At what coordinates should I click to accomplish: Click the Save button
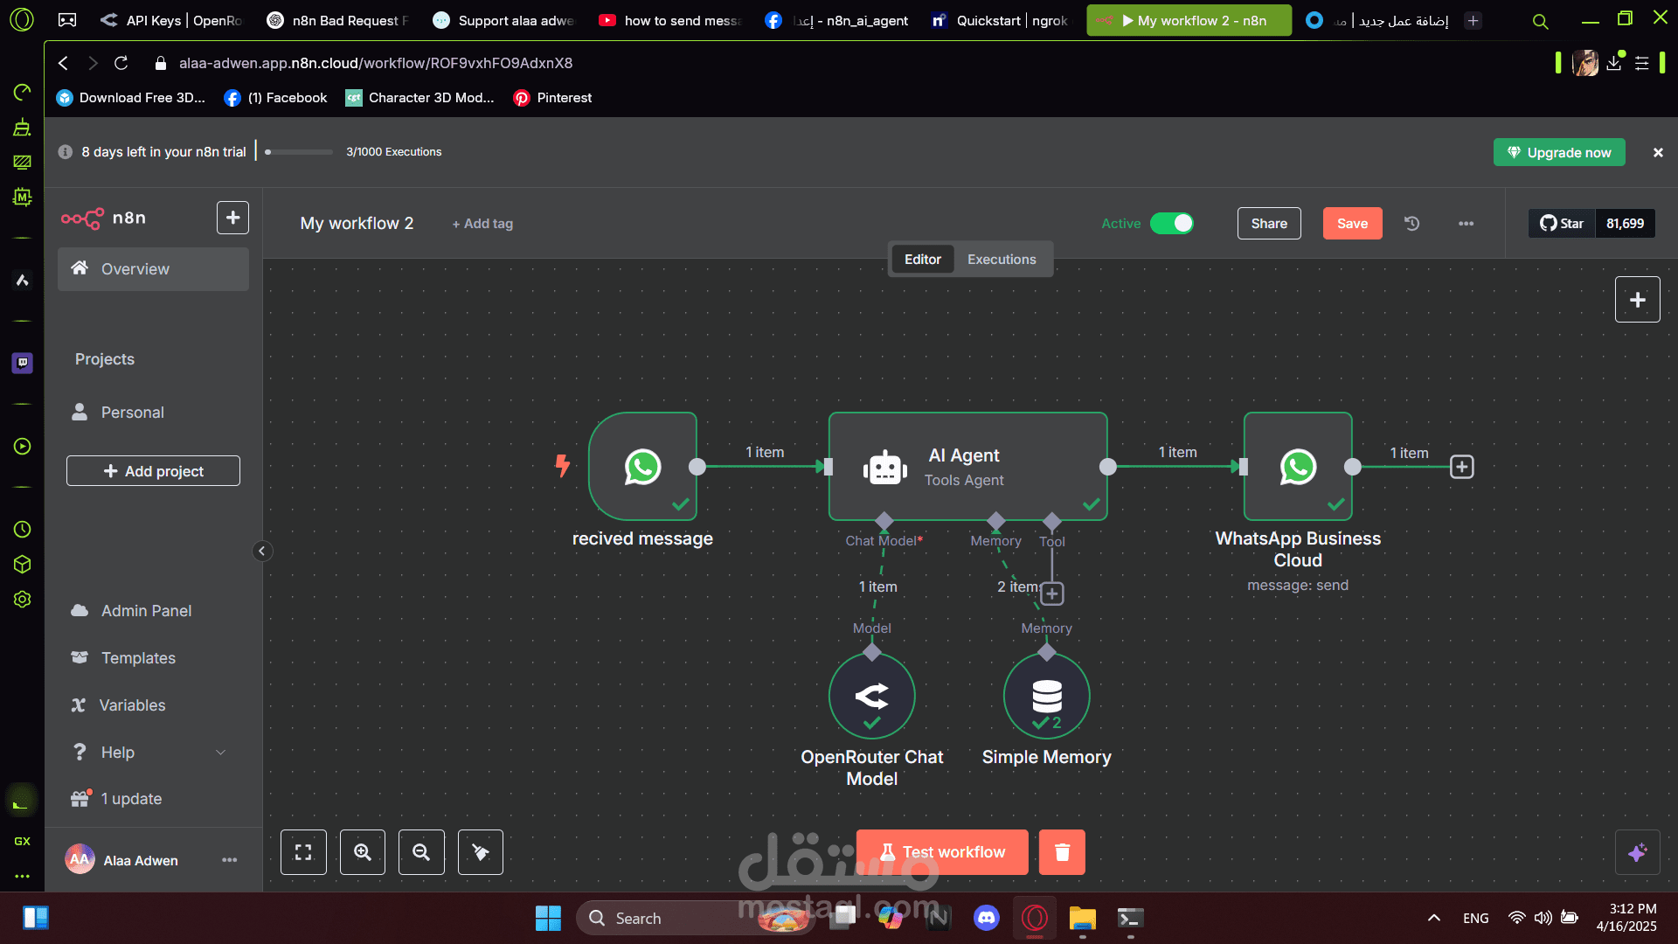pyautogui.click(x=1352, y=223)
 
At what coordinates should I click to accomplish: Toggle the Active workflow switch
pyautogui.click(x=1171, y=223)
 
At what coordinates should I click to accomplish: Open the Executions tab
pyautogui.click(x=1002, y=259)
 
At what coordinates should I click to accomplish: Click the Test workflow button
pyautogui.click(x=942, y=852)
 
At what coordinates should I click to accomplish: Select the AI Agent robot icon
pyautogui.click(x=884, y=469)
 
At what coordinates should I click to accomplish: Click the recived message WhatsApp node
pyautogui.click(x=643, y=467)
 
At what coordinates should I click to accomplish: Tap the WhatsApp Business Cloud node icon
pyautogui.click(x=1298, y=467)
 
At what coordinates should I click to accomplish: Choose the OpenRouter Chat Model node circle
pyautogui.click(x=872, y=697)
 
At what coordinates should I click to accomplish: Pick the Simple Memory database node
pyautogui.click(x=1047, y=697)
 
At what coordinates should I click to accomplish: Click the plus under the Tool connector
pyautogui.click(x=1052, y=594)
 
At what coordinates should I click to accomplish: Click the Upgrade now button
pyautogui.click(x=1559, y=152)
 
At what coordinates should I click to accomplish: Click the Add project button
pyautogui.click(x=153, y=471)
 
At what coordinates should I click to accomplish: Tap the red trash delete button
pyautogui.click(x=1062, y=852)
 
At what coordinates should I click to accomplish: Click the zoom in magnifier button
pyautogui.click(x=363, y=852)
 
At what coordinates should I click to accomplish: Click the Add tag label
pyautogui.click(x=482, y=224)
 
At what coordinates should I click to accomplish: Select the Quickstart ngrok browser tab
pyautogui.click(x=1001, y=20)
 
